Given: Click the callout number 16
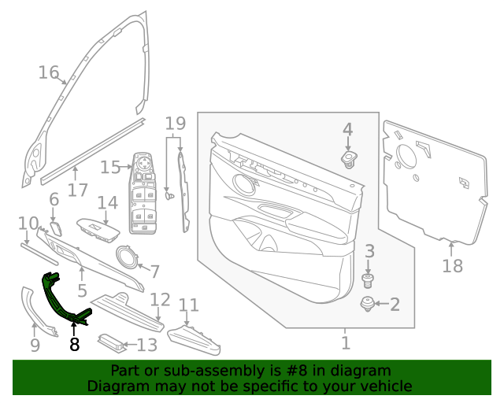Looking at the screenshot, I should pos(49,72).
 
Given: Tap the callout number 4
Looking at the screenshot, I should pos(347,129).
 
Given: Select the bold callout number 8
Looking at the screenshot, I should pos(75,344).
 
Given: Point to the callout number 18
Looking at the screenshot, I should pos(452,267).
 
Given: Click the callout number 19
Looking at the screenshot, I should pos(175,123).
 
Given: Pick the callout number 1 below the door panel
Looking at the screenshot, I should pos(345,343).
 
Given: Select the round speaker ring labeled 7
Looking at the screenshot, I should pos(125,256).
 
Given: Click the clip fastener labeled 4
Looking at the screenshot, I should pos(347,160).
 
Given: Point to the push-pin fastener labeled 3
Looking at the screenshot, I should pos(366,279).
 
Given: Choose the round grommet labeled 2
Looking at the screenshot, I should pos(367,305).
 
